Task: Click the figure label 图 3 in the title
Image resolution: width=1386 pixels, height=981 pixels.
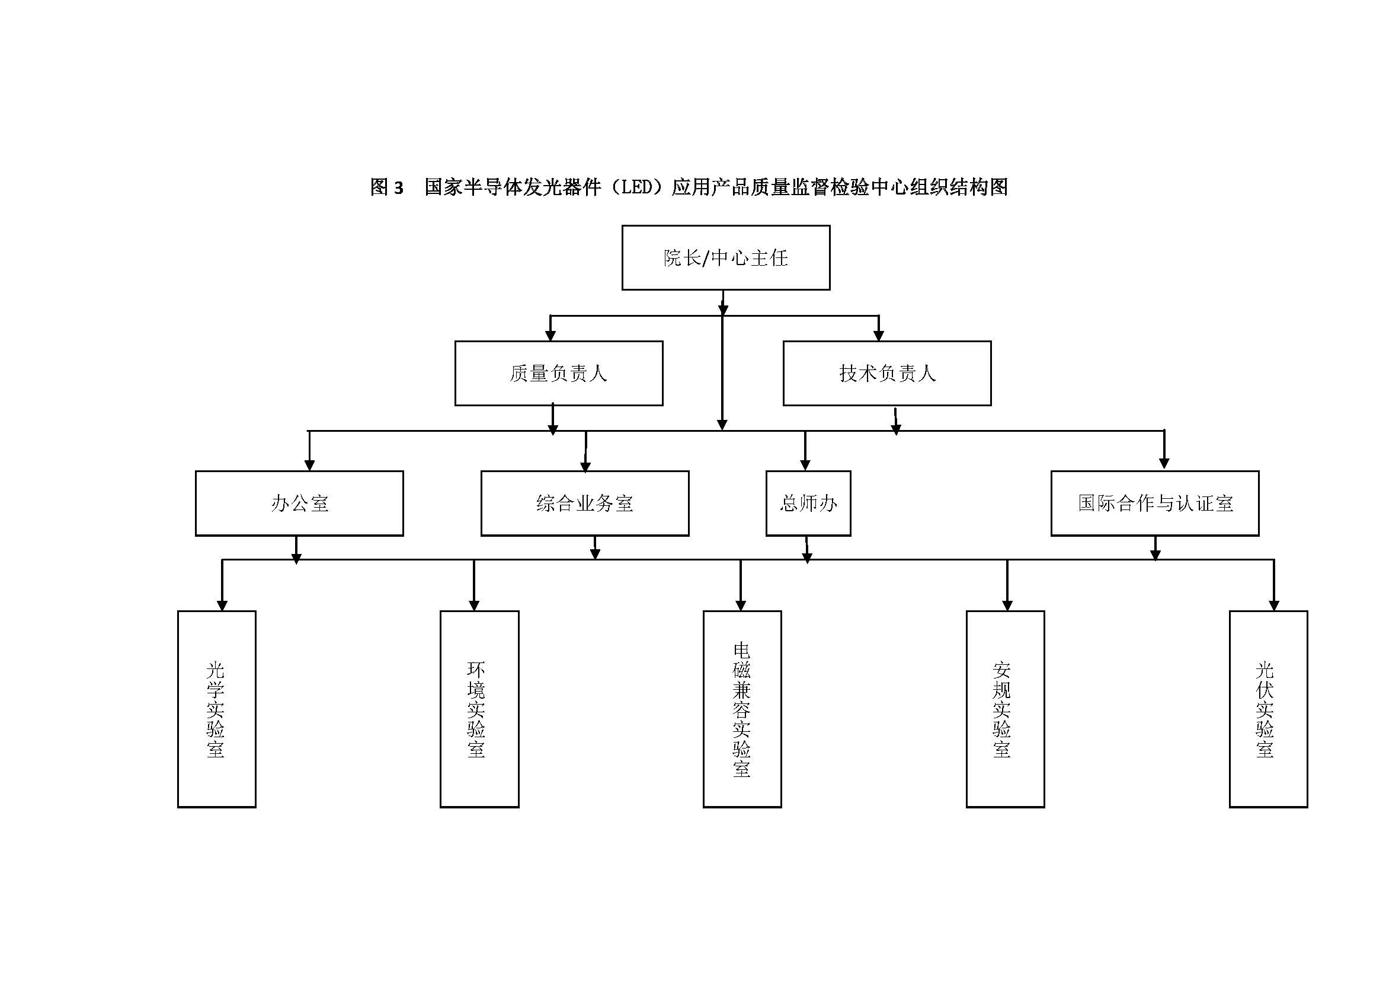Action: (x=386, y=187)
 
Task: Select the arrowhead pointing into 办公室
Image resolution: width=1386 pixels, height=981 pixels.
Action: (x=309, y=465)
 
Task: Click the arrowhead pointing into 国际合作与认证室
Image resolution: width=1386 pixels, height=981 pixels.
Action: (x=1164, y=463)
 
